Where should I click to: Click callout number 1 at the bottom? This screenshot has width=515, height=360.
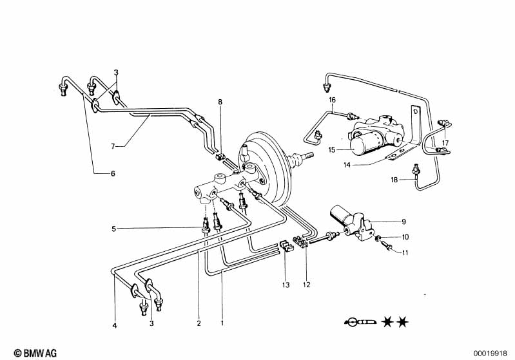[222, 323]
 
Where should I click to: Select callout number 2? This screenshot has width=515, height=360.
[199, 323]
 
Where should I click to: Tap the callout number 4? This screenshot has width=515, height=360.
[115, 326]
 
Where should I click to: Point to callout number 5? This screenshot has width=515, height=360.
[113, 228]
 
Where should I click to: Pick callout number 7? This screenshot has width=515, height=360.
[112, 147]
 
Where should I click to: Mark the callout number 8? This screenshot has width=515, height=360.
[220, 102]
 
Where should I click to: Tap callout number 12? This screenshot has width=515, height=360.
[307, 284]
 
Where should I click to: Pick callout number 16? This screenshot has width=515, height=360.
[333, 100]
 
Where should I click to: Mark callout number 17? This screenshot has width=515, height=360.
[444, 143]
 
